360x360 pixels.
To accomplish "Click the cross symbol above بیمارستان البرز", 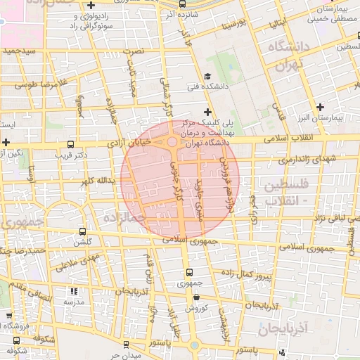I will tap(321, 107).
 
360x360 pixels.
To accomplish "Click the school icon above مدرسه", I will tap(75, 291).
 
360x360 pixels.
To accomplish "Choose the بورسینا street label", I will tap(233, 25).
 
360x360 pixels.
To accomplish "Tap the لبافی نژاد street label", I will tap(325, 219).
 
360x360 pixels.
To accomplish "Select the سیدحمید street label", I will tap(18, 51).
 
